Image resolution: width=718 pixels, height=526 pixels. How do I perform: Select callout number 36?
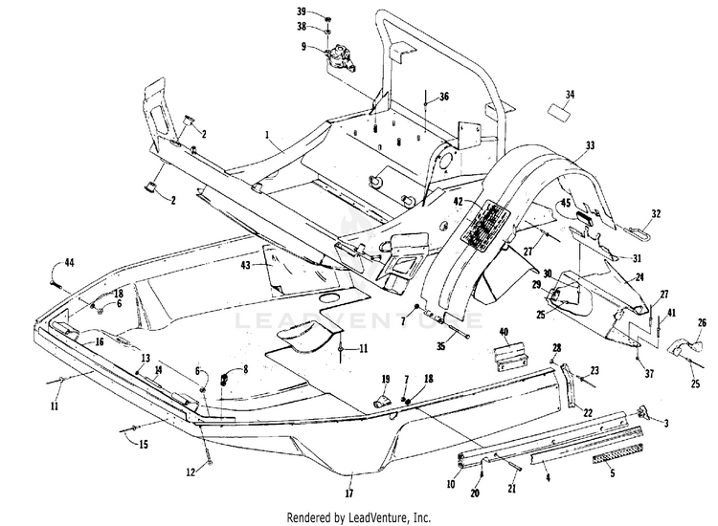click(x=443, y=97)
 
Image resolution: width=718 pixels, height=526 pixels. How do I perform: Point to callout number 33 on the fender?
click(x=591, y=145)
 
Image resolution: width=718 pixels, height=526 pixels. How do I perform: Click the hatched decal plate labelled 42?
click(x=485, y=223)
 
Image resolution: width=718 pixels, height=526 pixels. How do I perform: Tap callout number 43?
click(x=245, y=265)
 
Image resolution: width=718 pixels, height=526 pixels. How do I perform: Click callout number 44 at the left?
click(x=69, y=263)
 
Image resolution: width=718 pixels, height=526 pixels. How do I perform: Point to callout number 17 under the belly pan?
click(x=349, y=493)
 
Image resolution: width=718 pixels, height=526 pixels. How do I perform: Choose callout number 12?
click(x=191, y=471)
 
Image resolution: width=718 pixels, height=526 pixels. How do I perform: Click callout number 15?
click(x=144, y=444)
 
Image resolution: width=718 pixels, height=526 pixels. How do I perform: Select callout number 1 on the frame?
click(x=267, y=135)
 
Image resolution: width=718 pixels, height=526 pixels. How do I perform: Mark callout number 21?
click(x=512, y=489)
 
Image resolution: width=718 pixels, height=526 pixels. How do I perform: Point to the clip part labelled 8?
click(x=224, y=379)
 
